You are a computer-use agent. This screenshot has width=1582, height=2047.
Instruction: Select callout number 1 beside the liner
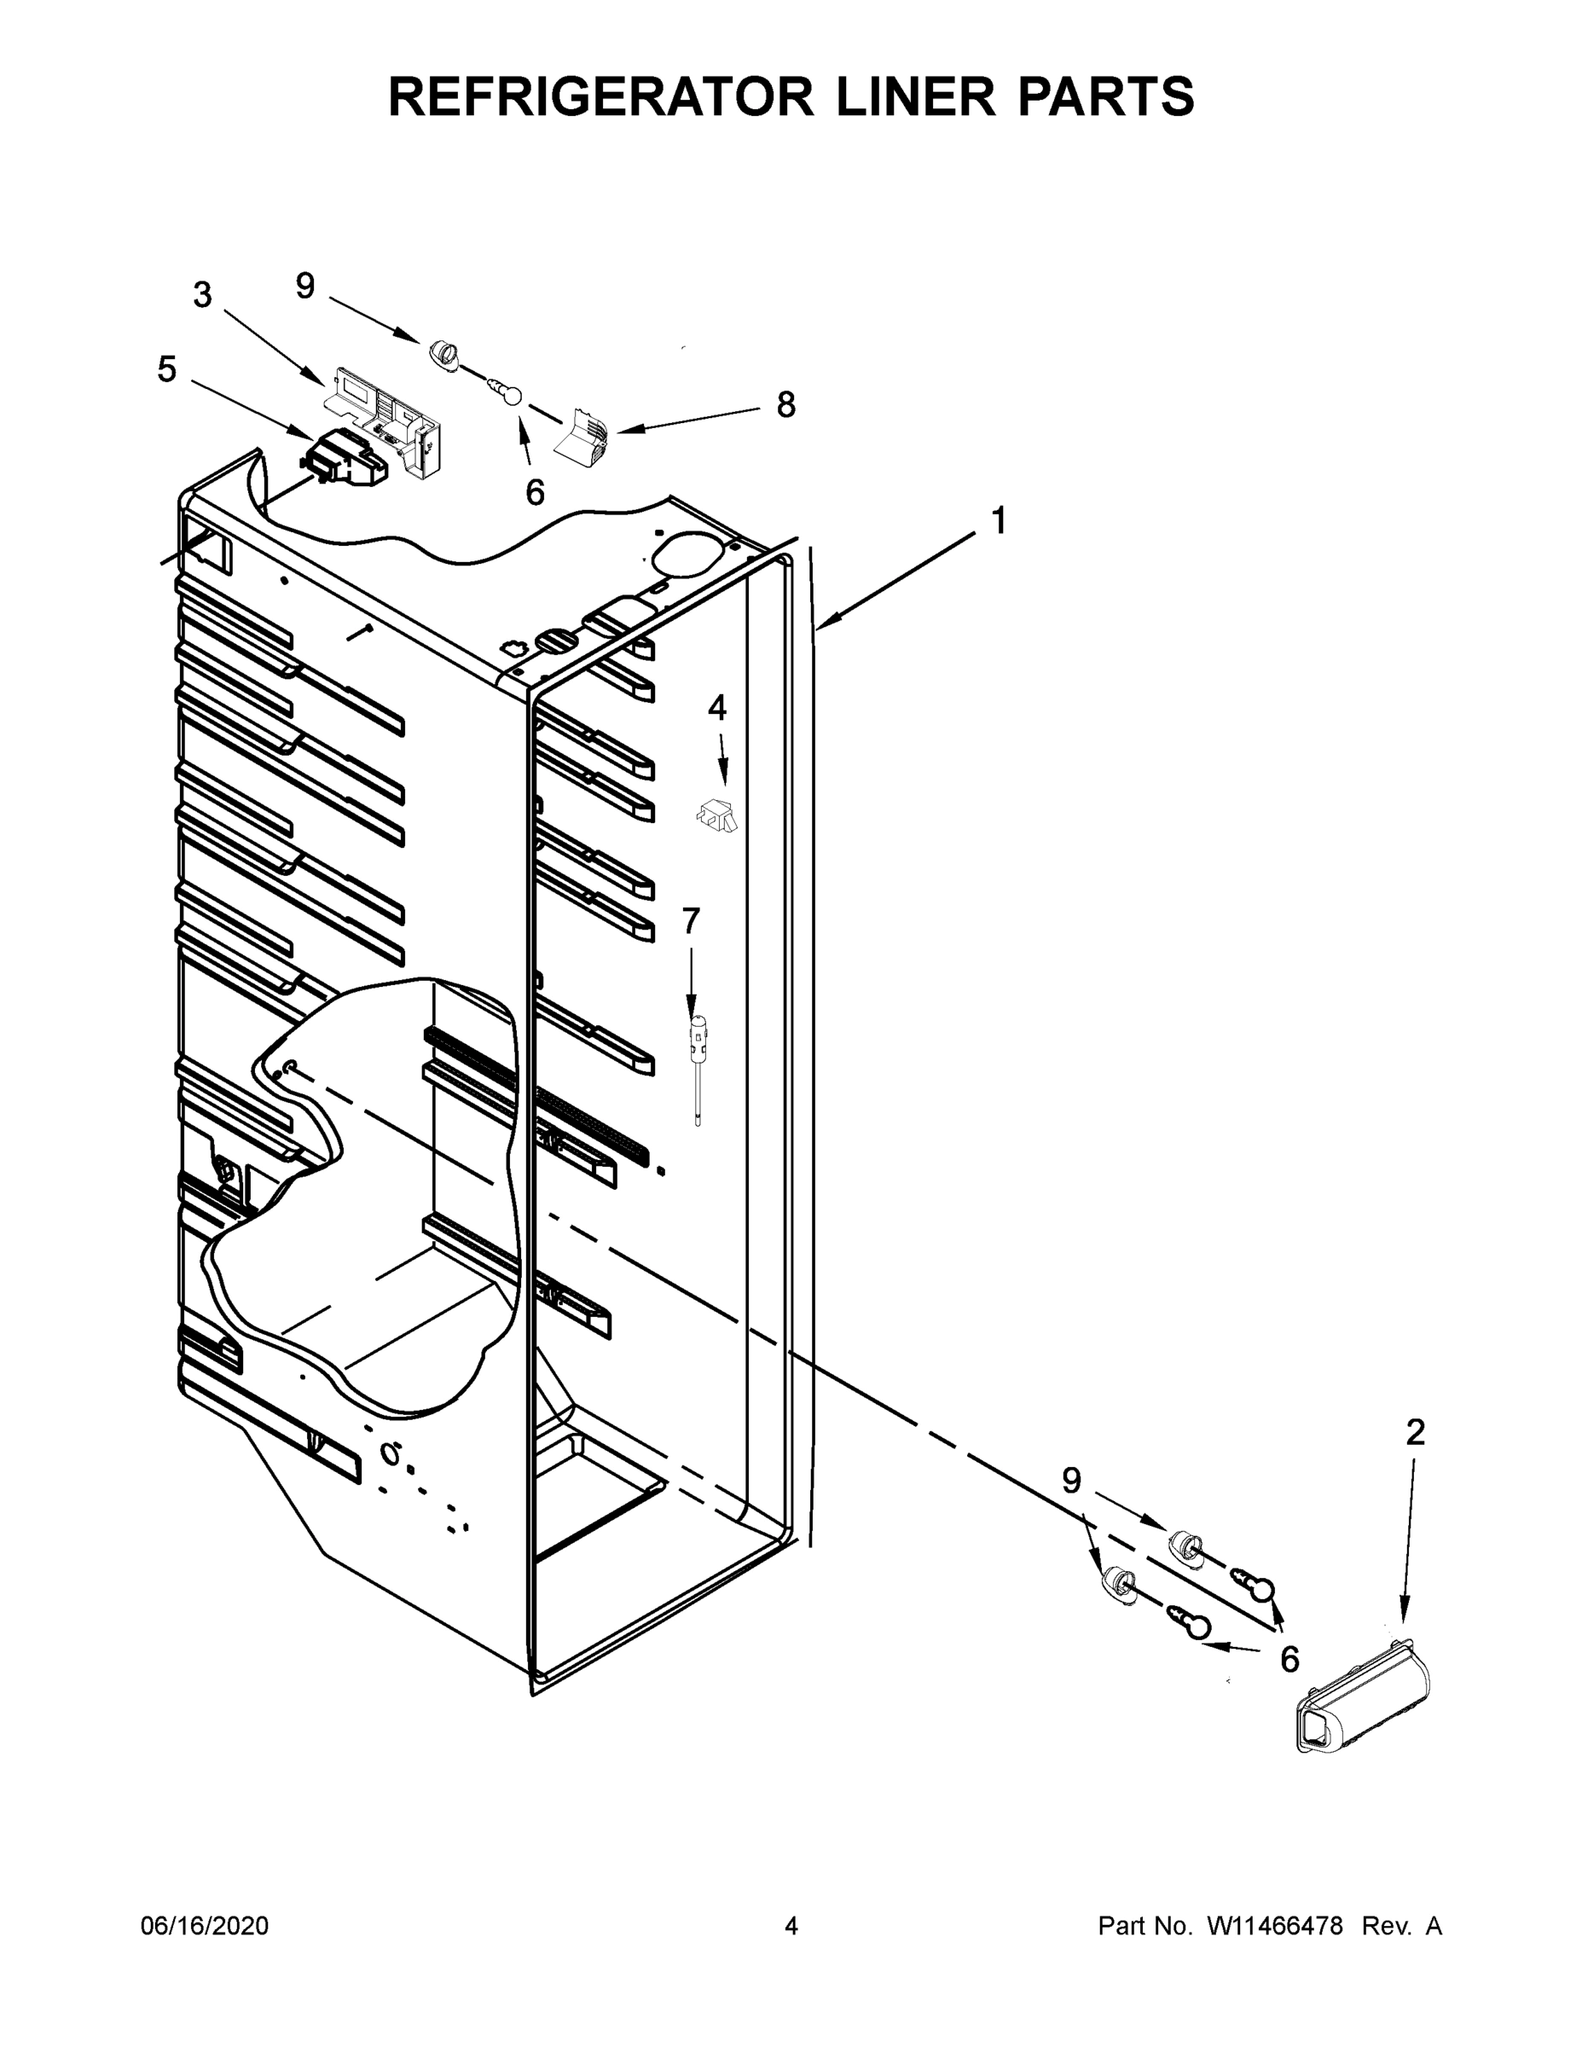[999, 520]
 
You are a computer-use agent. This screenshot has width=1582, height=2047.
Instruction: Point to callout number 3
[202, 295]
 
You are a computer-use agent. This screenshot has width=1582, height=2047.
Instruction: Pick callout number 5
[166, 369]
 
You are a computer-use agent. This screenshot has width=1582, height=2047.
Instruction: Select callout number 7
[691, 921]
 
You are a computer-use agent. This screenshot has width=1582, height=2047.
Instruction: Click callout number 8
[785, 405]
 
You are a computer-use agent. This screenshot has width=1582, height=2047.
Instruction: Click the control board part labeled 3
[385, 414]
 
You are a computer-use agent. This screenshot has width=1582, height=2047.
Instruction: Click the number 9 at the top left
[305, 286]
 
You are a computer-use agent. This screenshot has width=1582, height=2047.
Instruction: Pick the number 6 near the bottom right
[1289, 1660]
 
